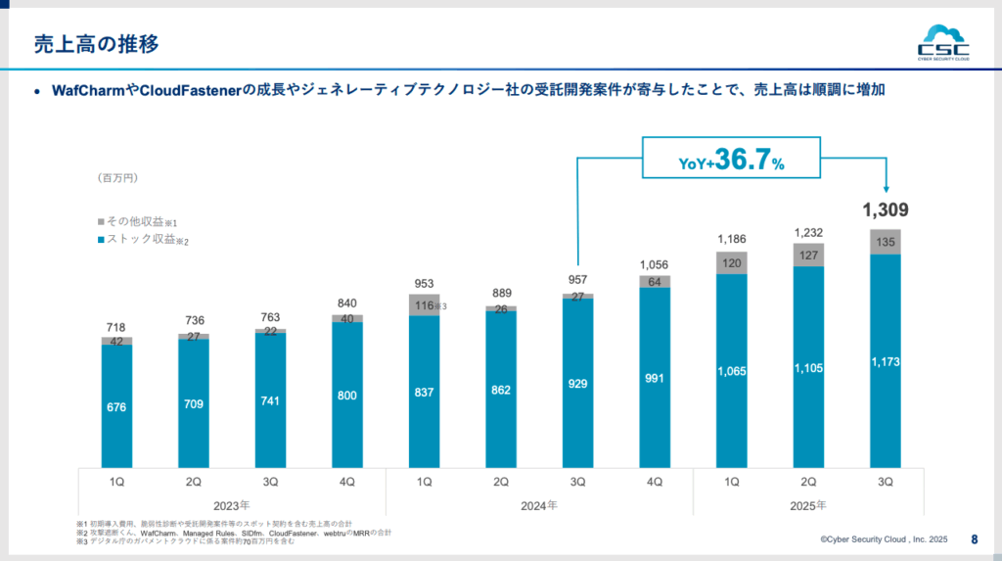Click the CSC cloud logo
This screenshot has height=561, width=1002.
click(x=943, y=42)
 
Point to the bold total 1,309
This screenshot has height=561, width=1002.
click(x=886, y=210)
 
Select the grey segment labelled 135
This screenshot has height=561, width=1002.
click(x=886, y=243)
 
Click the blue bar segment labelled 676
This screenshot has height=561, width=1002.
click(x=116, y=406)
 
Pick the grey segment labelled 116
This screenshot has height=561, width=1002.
click(x=425, y=305)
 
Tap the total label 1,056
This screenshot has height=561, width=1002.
click(x=655, y=264)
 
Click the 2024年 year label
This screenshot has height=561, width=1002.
click(x=539, y=505)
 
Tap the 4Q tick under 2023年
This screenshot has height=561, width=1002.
click(x=347, y=482)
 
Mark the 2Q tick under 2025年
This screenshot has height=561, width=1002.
click(x=808, y=482)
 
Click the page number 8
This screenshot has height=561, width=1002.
click(x=974, y=538)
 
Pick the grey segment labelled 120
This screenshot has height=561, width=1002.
click(x=732, y=262)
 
